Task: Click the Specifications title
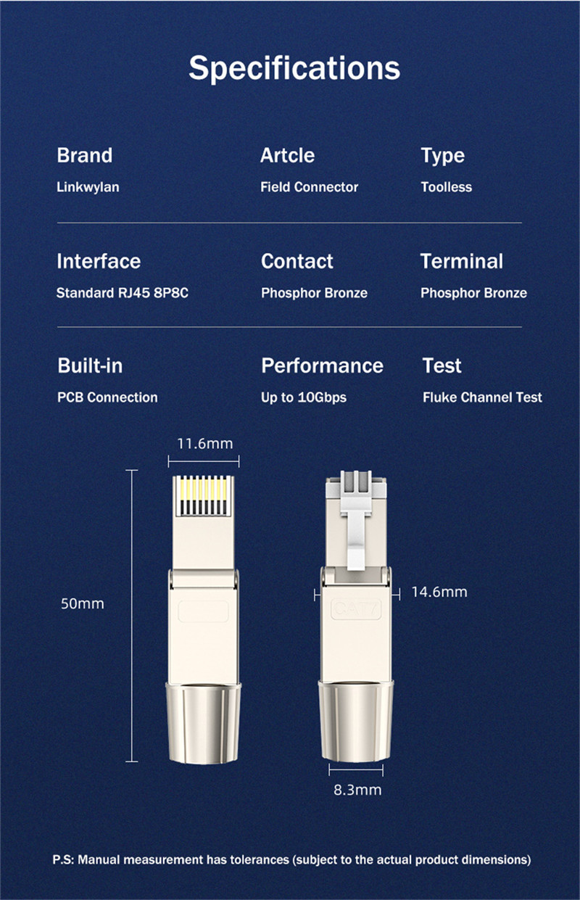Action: [x=294, y=67]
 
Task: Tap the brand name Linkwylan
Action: [x=88, y=187]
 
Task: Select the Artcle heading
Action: [x=287, y=155]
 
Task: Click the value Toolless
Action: [x=446, y=187]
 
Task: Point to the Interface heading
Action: [x=99, y=261]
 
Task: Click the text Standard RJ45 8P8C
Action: [x=122, y=293]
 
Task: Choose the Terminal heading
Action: [x=461, y=261]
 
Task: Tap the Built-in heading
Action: [x=90, y=366]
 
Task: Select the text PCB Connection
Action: [x=107, y=397]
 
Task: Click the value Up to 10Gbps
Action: [x=304, y=397]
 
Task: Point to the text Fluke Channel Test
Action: [x=482, y=397]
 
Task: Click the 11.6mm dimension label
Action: [x=205, y=443]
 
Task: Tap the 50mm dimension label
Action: [x=82, y=603]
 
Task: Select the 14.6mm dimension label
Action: [x=439, y=592]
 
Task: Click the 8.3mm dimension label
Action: [x=357, y=789]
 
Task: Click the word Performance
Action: [x=322, y=366]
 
